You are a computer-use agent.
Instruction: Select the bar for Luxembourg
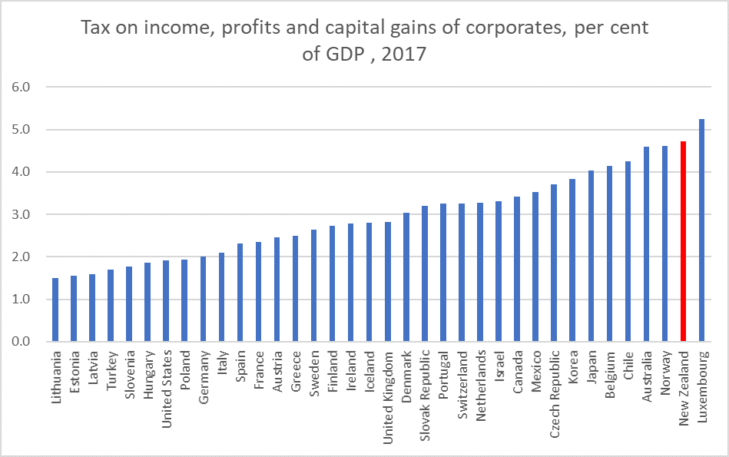pyautogui.click(x=701, y=230)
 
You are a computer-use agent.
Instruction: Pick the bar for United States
pyautogui.click(x=166, y=301)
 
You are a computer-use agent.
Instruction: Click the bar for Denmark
pyautogui.click(x=406, y=277)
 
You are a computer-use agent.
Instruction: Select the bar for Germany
pyautogui.click(x=203, y=299)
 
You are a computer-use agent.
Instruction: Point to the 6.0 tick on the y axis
pyautogui.click(x=20, y=87)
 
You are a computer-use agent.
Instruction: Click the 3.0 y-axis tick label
pyautogui.click(x=20, y=214)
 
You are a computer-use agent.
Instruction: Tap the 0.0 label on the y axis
pyautogui.click(x=20, y=342)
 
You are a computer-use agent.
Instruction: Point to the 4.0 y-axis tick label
pyautogui.click(x=20, y=172)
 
